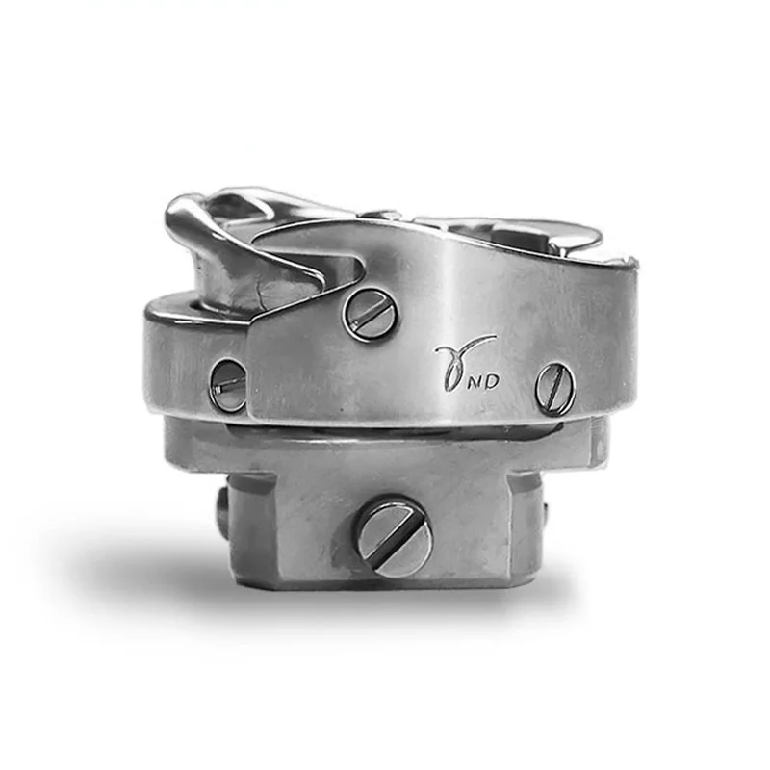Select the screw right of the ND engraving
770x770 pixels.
(555, 388)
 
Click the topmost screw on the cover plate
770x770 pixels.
(371, 314)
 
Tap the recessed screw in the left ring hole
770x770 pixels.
(228, 386)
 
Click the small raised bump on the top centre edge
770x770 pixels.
(385, 214)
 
